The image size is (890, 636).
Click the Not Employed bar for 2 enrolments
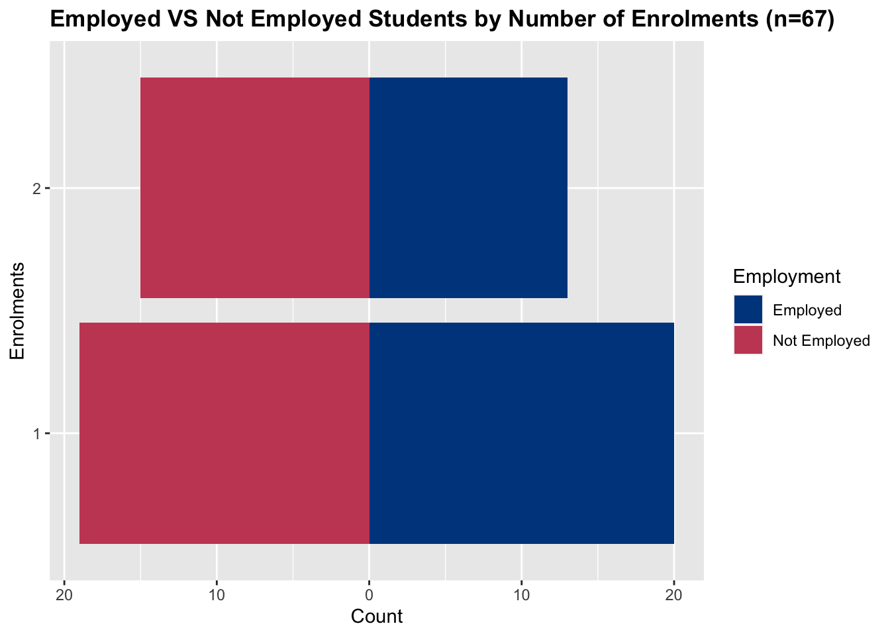pyautogui.click(x=255, y=188)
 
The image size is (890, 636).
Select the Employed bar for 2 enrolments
pyautogui.click(x=468, y=188)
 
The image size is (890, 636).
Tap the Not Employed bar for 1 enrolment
pyautogui.click(x=224, y=433)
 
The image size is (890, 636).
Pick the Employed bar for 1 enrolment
pyautogui.click(x=522, y=433)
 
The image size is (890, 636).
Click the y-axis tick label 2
pyautogui.click(x=37, y=189)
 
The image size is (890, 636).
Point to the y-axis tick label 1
pyautogui.click(x=37, y=434)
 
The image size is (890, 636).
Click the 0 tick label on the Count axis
pyautogui.click(x=369, y=594)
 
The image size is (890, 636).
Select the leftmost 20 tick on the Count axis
pyautogui.click(x=64, y=594)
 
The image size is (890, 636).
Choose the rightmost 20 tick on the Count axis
pyautogui.click(x=674, y=594)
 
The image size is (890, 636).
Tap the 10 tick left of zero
pyautogui.click(x=217, y=594)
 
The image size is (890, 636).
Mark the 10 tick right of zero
pyautogui.click(x=522, y=594)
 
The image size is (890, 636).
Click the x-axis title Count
pyautogui.click(x=377, y=617)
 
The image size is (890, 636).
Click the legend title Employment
pyautogui.click(x=787, y=276)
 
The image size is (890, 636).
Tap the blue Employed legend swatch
pyautogui.click(x=748, y=310)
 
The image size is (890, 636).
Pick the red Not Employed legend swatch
pyautogui.click(x=748, y=341)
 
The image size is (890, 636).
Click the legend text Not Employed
pyautogui.click(x=820, y=341)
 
